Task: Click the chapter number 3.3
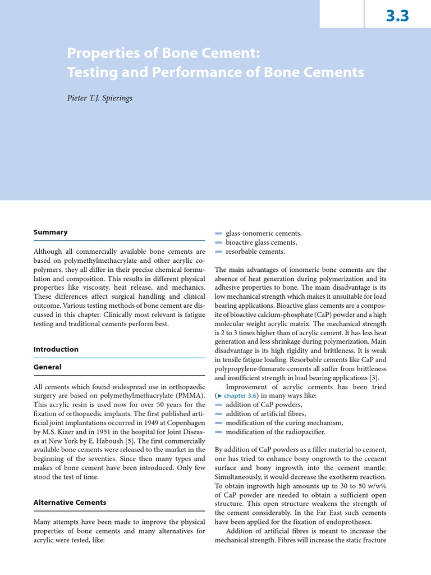pos(397,16)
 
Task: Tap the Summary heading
pos(51,232)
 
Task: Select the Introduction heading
pos(56,349)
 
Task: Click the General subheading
pos(48,367)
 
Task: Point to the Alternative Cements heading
pos(70,503)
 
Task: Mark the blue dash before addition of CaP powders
pos(219,405)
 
